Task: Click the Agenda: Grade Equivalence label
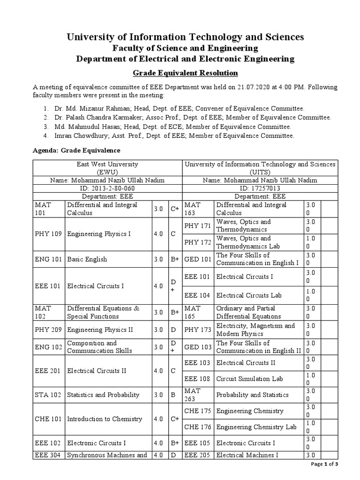point(76,150)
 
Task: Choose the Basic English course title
point(87,259)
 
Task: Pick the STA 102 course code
point(49,395)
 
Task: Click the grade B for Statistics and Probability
point(172,395)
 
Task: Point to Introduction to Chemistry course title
point(105,419)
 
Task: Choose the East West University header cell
point(107,168)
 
